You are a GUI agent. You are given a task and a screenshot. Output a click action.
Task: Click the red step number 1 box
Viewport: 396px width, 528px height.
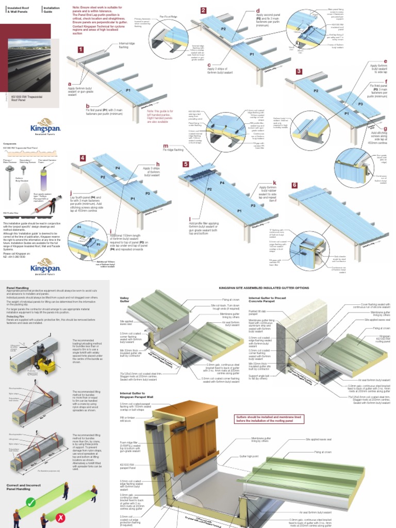[80, 50]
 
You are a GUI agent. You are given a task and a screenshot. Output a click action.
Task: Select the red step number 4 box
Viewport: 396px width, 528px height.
[82, 158]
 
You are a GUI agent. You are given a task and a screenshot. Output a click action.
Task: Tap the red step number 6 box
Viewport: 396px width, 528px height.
[294, 185]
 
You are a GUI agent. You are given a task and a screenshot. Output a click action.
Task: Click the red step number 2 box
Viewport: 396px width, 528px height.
[204, 10]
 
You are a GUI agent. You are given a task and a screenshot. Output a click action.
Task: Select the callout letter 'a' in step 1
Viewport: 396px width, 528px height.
[70, 84]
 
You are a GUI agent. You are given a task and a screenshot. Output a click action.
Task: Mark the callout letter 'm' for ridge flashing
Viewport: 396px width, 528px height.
[166, 146]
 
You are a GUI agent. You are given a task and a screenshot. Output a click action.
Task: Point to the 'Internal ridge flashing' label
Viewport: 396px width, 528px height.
[127, 45]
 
